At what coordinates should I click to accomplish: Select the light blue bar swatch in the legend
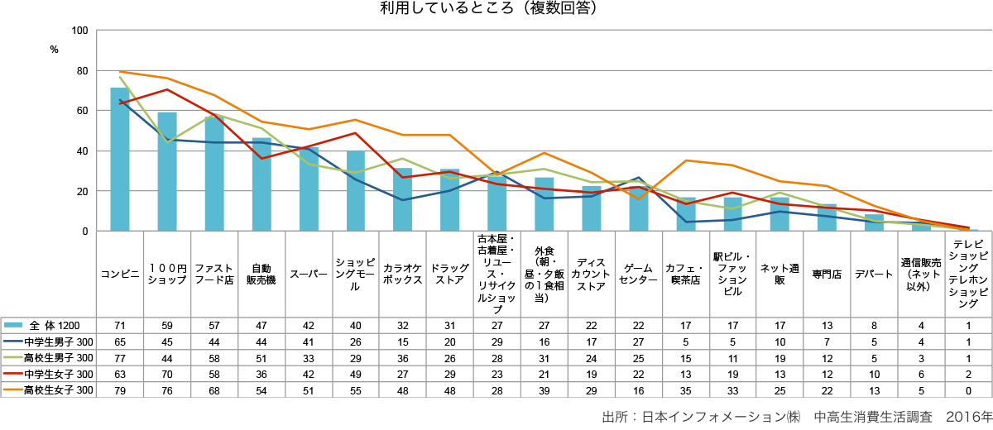click(12, 325)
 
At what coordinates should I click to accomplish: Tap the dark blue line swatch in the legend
click(12, 341)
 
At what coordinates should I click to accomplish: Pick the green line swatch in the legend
click(12, 357)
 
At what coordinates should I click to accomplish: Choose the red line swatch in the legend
click(12, 373)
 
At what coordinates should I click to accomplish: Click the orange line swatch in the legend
click(12, 389)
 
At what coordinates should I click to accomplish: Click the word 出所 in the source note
click(614, 418)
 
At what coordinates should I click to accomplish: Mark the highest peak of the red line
click(166, 89)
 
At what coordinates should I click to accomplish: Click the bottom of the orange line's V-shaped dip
click(639, 198)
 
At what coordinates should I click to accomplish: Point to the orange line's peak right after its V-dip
click(686, 160)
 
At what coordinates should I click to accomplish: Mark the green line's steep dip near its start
click(167, 142)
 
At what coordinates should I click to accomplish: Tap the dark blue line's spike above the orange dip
click(639, 178)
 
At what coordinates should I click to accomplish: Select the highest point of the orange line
click(120, 72)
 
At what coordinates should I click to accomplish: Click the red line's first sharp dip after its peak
click(261, 158)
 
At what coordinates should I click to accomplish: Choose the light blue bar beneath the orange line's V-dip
click(639, 211)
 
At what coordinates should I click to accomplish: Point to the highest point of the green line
click(120, 77)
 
